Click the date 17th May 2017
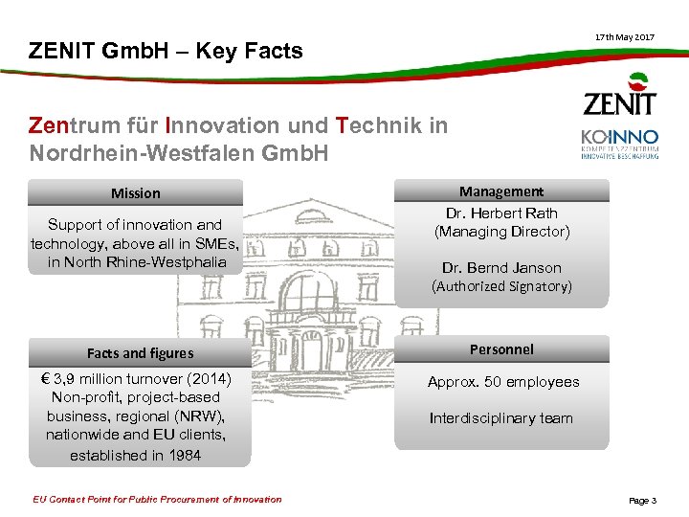[625, 36]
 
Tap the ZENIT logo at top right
[620, 96]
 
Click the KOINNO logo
[620, 144]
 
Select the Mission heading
[136, 193]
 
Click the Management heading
[501, 191]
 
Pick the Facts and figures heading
[140, 353]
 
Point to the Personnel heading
[501, 349]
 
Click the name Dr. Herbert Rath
[501, 213]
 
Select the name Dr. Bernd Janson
[501, 268]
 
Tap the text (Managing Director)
[501, 232]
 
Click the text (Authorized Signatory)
[501, 286]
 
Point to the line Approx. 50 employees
[503, 382]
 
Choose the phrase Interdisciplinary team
[501, 418]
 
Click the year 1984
[183, 456]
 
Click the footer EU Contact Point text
[158, 499]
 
